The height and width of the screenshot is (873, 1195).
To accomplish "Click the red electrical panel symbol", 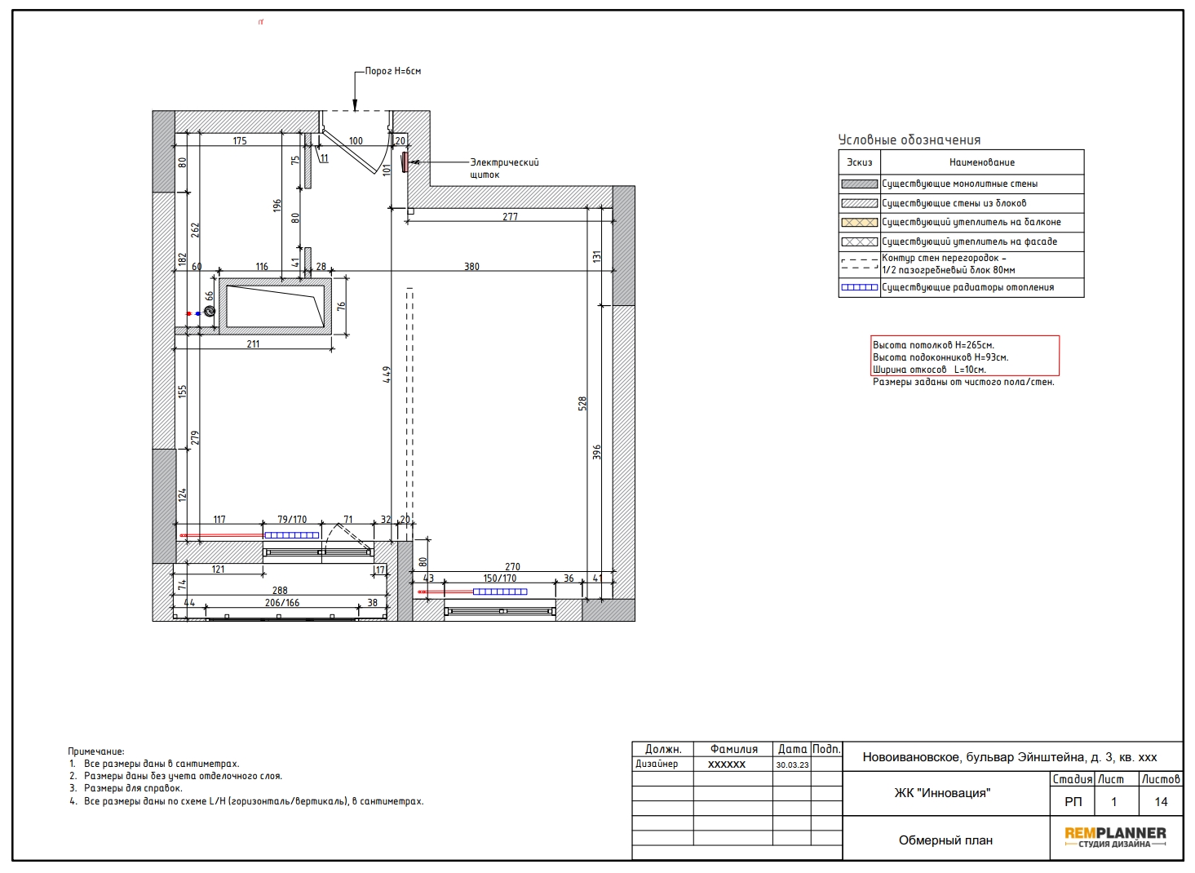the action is [x=405, y=162].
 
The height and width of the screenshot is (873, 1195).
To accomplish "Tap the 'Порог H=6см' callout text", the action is [x=392, y=71].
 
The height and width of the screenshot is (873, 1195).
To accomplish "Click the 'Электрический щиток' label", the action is [x=504, y=168].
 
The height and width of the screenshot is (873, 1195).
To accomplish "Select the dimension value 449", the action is [x=387, y=374].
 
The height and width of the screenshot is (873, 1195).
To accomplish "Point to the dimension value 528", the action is [x=582, y=403].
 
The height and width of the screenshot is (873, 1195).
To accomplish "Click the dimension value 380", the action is [x=471, y=266].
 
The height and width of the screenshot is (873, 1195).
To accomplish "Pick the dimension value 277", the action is [x=510, y=217].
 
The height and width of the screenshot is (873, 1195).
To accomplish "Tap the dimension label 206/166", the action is [x=282, y=602].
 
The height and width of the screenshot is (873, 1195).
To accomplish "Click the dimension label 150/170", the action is [x=500, y=578].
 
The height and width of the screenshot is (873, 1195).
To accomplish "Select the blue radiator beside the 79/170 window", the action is [x=292, y=535].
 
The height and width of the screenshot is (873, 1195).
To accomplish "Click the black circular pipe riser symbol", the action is [x=210, y=311].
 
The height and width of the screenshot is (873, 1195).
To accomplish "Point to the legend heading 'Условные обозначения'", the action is [x=910, y=140].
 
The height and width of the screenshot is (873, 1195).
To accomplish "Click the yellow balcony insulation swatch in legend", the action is [x=860, y=223].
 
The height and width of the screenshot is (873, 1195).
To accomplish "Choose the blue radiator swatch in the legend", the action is [x=860, y=287].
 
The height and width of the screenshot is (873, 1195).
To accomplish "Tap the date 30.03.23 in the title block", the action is [x=792, y=764].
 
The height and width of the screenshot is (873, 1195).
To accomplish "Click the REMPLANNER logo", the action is [x=1116, y=837].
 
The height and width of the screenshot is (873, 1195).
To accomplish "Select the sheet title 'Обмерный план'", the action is [x=946, y=840].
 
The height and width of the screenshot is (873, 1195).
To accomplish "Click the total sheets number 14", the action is [x=1162, y=801].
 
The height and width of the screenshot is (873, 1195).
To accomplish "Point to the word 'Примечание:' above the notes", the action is [x=96, y=752].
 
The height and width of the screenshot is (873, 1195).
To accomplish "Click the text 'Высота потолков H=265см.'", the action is [x=934, y=345].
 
